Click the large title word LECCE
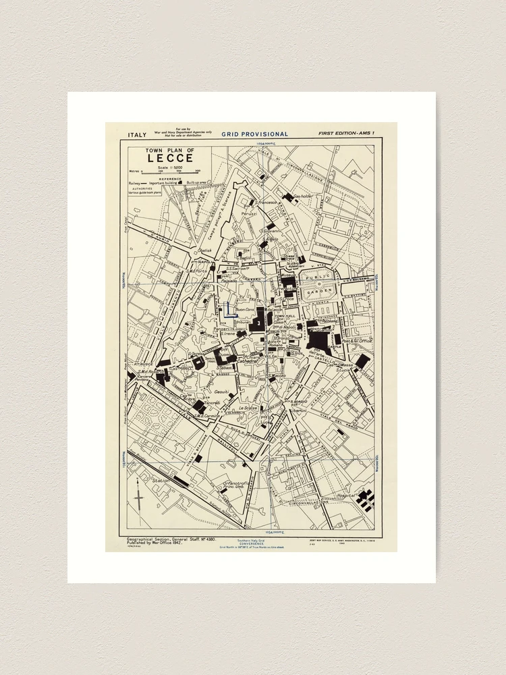tap(161, 159)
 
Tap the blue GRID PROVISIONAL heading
tap(255, 134)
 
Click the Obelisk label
tap(204, 250)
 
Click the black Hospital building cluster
tap(365, 500)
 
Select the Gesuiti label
tap(223, 391)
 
